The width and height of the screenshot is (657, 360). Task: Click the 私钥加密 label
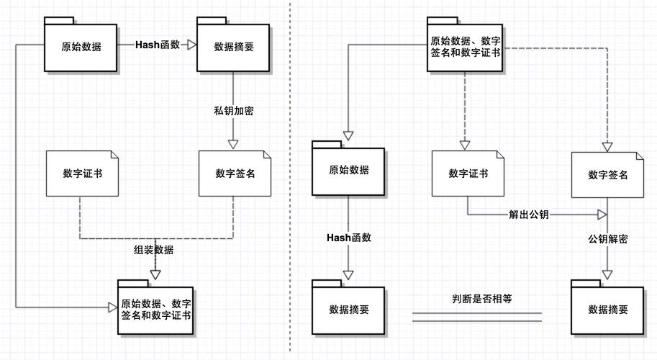[x=233, y=111]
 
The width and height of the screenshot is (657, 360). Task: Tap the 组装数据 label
[x=153, y=250]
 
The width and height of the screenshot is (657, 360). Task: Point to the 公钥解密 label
[x=607, y=238]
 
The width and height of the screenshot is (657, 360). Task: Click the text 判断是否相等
[x=476, y=297]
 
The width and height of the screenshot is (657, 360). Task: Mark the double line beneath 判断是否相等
[x=476, y=317]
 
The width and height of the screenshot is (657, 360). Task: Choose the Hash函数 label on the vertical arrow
[x=349, y=238]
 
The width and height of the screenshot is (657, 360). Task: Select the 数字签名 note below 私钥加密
[x=235, y=174]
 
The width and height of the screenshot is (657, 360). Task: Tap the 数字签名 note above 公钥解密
[x=607, y=175]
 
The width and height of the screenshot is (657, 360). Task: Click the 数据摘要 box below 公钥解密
[x=607, y=310]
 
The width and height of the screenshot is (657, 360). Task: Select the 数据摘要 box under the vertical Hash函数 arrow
[x=349, y=310]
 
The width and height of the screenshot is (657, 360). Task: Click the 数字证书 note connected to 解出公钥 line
[x=468, y=174]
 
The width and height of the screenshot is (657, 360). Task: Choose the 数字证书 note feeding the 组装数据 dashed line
[x=81, y=174]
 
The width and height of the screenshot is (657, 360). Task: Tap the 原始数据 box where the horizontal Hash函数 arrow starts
[x=81, y=48]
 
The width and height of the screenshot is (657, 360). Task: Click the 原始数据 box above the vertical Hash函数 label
[x=348, y=171]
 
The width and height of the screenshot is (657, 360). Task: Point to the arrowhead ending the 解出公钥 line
[x=602, y=215]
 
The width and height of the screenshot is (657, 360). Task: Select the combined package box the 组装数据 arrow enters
[x=155, y=308]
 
